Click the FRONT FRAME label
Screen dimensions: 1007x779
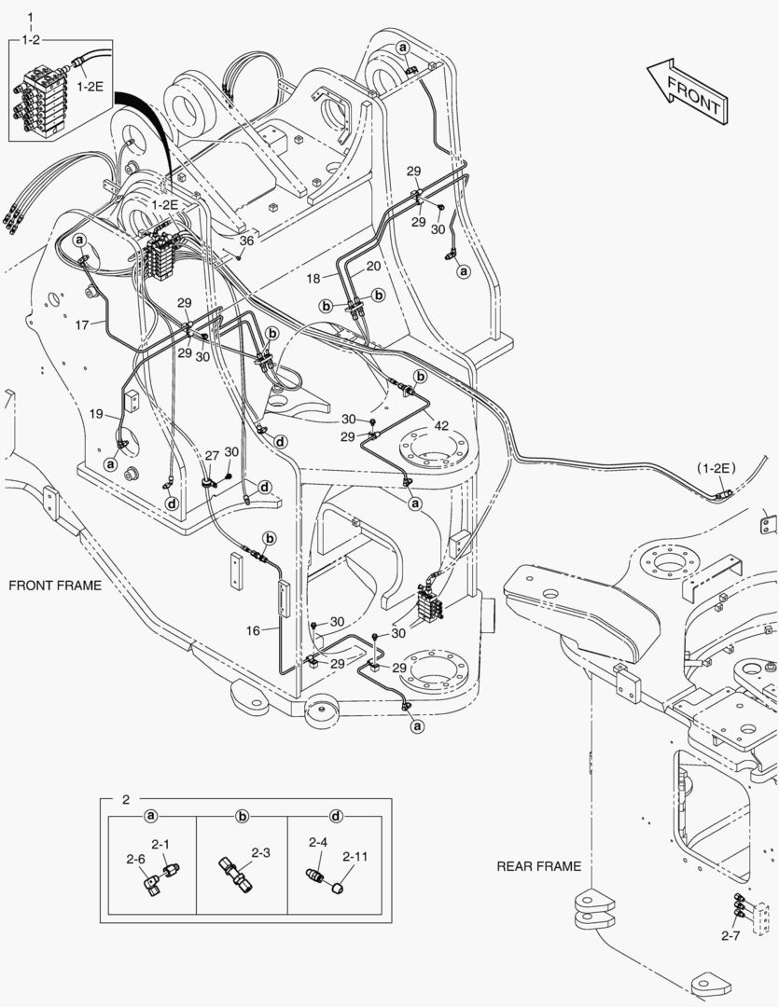coord(54,586)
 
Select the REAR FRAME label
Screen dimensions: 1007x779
coord(538,866)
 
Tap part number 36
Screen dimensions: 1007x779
coord(245,241)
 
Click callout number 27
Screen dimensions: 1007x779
coord(212,455)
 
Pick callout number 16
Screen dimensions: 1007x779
coord(253,631)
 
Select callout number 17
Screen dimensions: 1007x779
coord(82,324)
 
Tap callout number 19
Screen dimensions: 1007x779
coord(96,413)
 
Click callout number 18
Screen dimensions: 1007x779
coord(313,278)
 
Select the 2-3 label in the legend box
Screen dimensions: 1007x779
coord(260,852)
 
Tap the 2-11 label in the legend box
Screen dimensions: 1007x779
coord(355,856)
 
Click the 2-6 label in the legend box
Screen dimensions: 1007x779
coord(136,859)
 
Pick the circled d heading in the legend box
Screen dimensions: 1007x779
coord(336,817)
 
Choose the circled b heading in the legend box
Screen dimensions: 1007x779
coord(242,817)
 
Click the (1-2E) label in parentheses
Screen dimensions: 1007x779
coord(716,466)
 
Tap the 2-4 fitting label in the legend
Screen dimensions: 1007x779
coord(317,842)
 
